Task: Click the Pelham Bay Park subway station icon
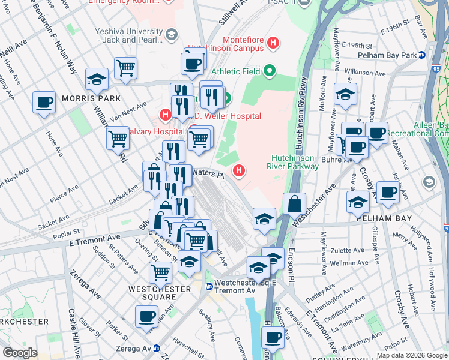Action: tap(422, 55)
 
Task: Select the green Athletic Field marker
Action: tap(269, 71)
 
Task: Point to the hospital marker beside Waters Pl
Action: tap(240, 172)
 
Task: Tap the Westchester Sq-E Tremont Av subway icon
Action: tap(209, 287)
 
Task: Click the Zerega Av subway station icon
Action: tap(157, 349)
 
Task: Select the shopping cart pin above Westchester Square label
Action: tap(160, 272)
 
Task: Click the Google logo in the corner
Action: tap(20, 353)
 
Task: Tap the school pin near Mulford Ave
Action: tap(345, 95)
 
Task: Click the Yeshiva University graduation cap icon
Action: tap(172, 35)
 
